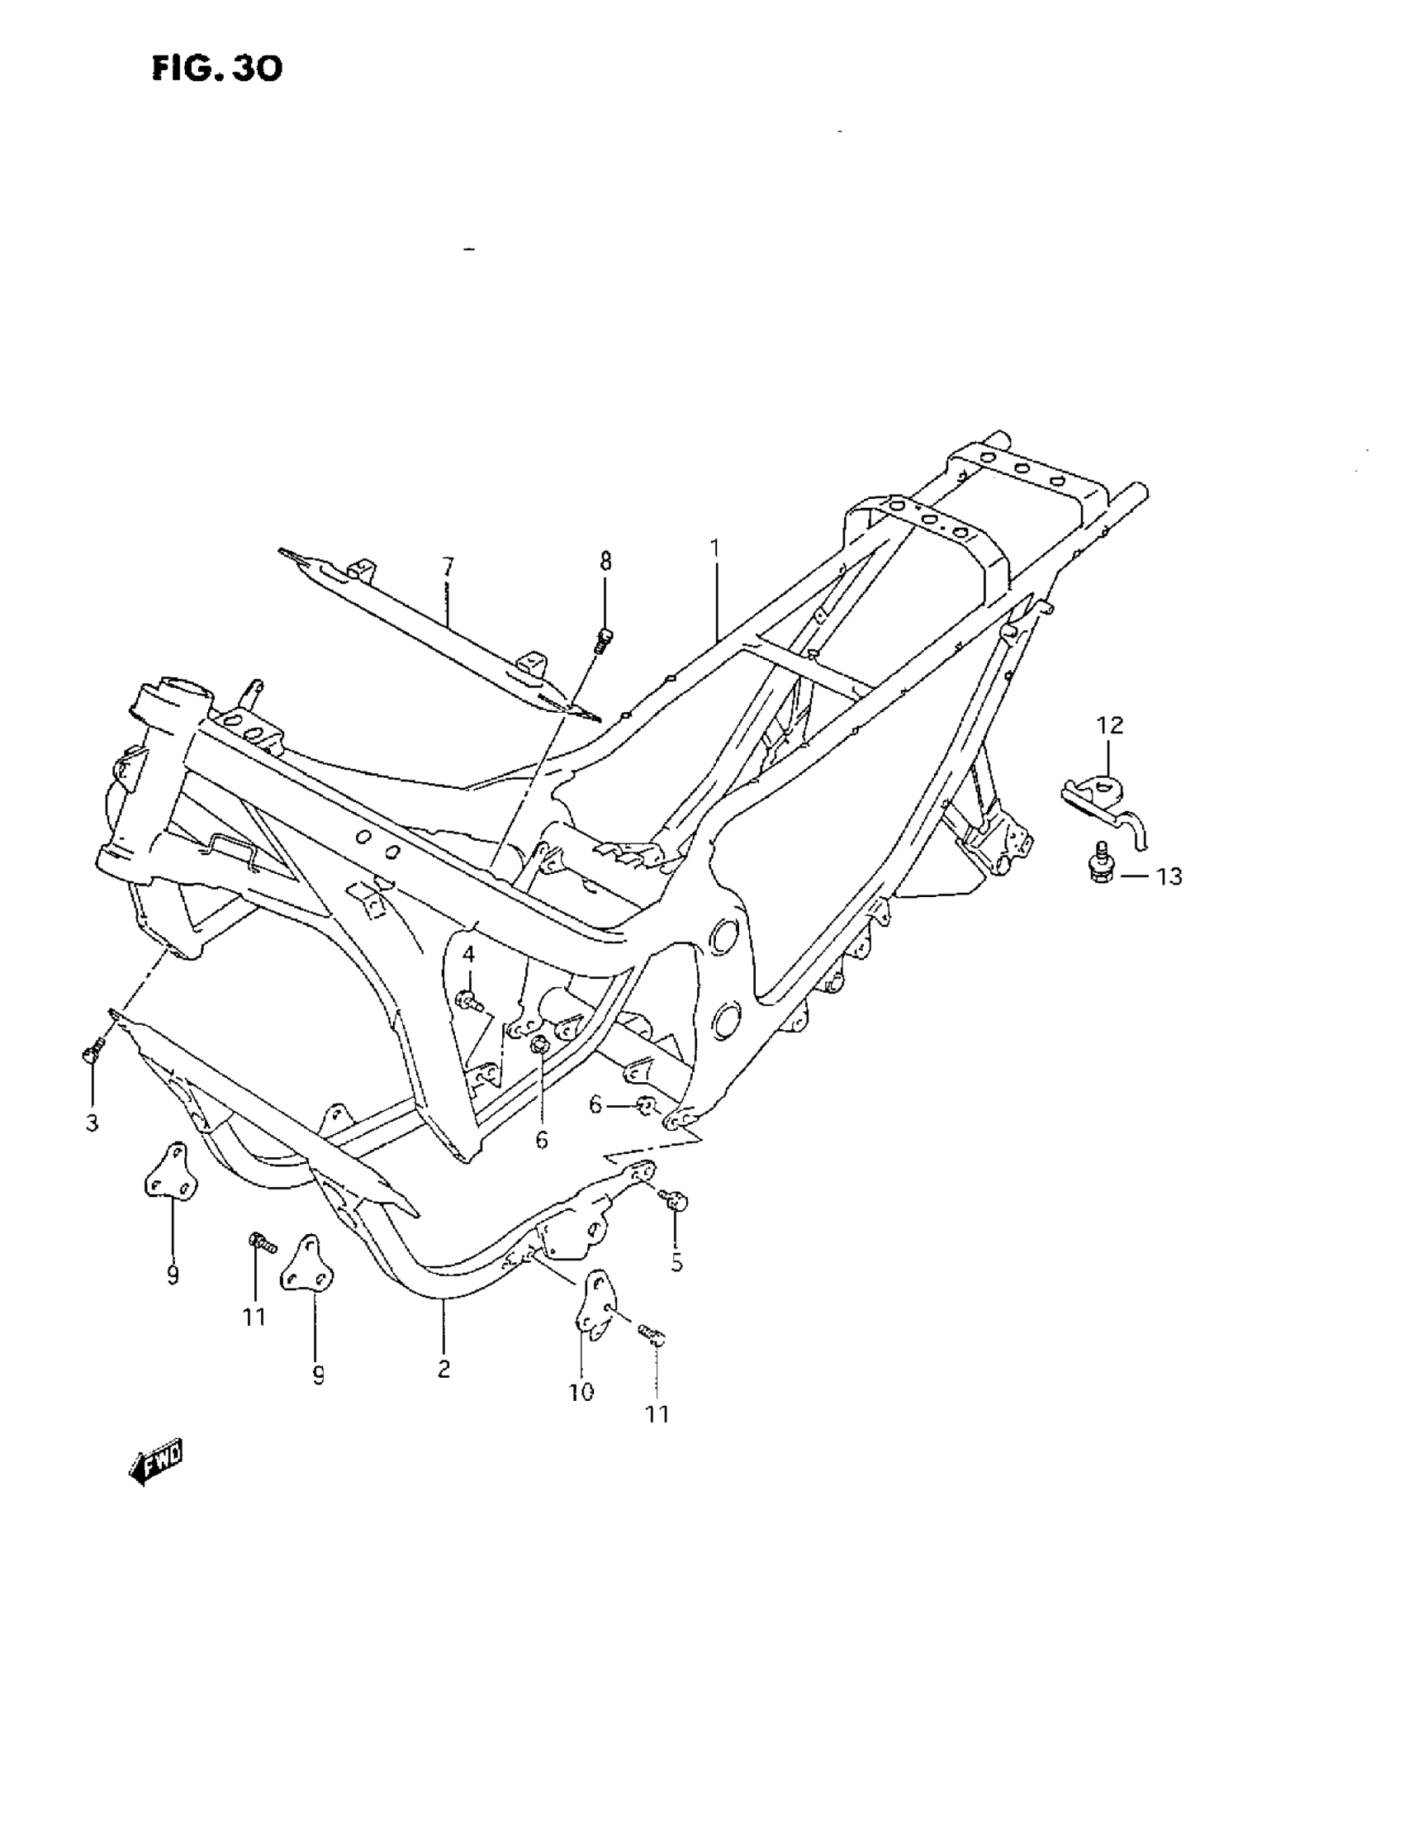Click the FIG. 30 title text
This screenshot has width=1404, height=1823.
tap(217, 69)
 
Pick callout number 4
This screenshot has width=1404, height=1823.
tap(468, 954)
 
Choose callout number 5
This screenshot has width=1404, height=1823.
tap(676, 1263)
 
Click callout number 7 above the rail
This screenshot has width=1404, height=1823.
tap(448, 567)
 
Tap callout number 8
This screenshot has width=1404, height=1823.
tap(605, 562)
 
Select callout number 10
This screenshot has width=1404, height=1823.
tap(581, 1393)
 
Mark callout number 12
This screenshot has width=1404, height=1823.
tap(1110, 725)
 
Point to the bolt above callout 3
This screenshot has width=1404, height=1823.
tap(93, 1050)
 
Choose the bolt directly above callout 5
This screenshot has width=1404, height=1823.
tap(675, 1199)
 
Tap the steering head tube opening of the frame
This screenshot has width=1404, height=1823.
tap(179, 689)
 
